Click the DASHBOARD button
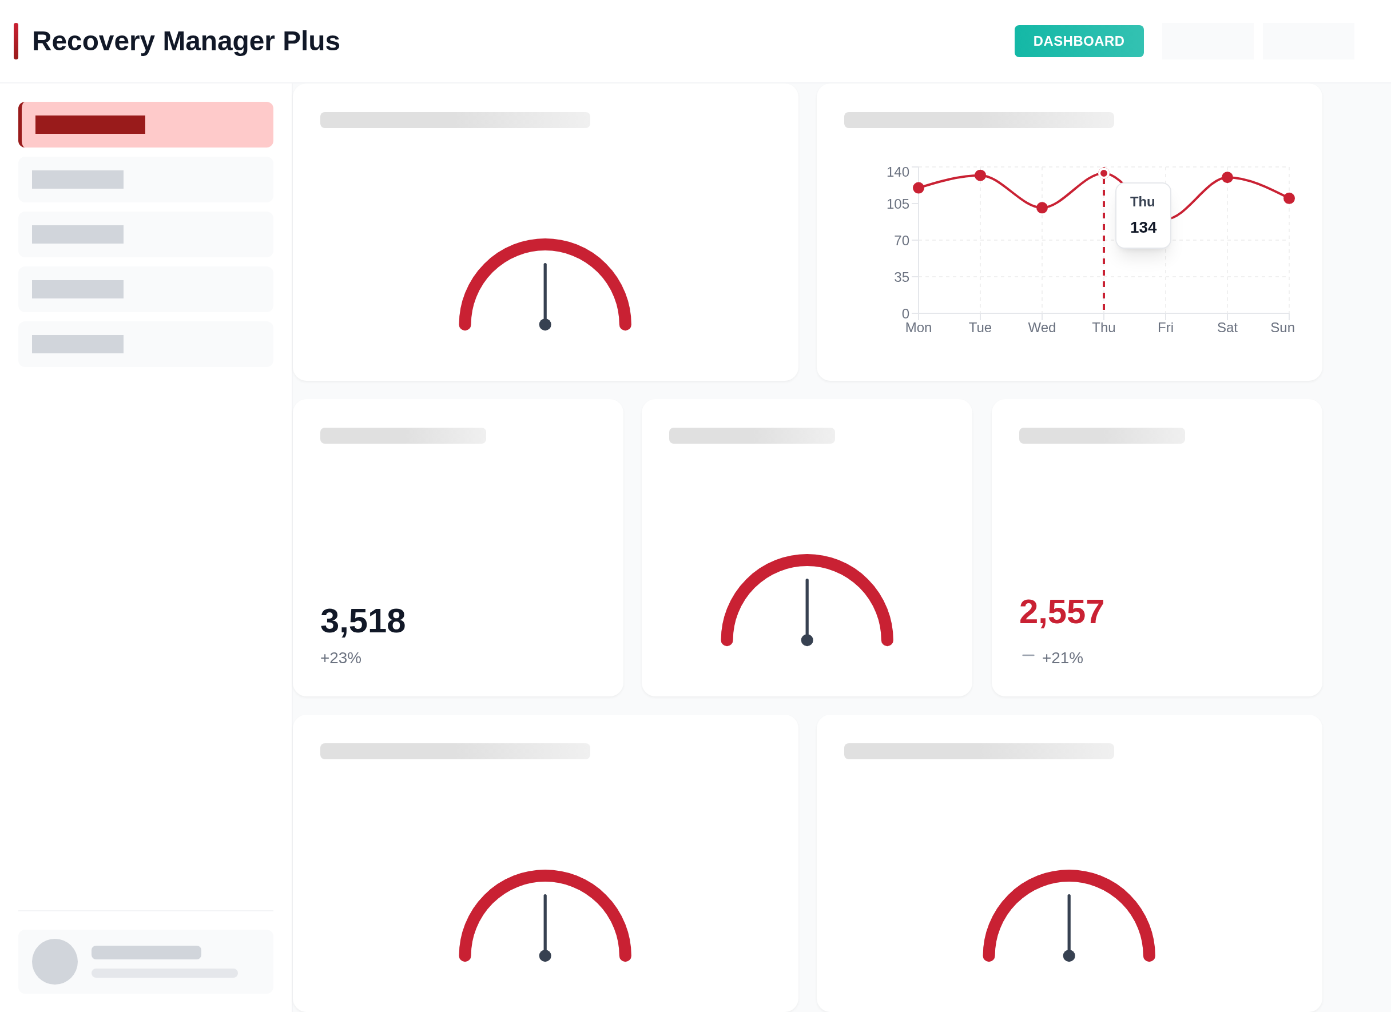(x=1078, y=41)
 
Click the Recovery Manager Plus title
(x=185, y=41)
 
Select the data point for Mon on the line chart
(x=918, y=188)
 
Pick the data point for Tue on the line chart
(x=980, y=176)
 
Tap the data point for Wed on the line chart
(x=1042, y=208)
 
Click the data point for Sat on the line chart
(x=1227, y=177)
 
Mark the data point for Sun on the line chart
(x=1289, y=198)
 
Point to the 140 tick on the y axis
(x=897, y=172)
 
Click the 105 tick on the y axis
(x=897, y=204)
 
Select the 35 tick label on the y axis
(x=901, y=277)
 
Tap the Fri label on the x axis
(x=1165, y=327)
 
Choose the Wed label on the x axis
(x=1042, y=327)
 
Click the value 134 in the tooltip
(x=1143, y=228)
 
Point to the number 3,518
(x=363, y=620)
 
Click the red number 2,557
(x=1061, y=612)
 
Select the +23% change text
(x=340, y=658)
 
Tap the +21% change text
(x=1062, y=658)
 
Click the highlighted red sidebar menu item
(x=146, y=125)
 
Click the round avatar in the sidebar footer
(x=54, y=961)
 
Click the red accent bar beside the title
(x=16, y=41)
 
